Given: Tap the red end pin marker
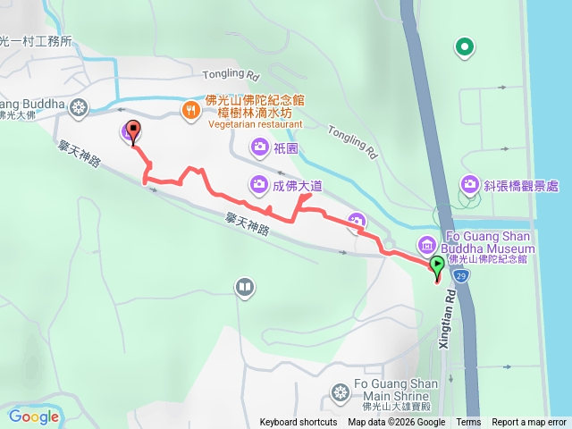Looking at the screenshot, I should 133,132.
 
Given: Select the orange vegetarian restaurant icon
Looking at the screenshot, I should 190,111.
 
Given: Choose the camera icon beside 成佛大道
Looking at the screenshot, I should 257,184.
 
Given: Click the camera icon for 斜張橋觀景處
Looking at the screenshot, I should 469,185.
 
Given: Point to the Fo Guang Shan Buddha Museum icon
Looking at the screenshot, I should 426,244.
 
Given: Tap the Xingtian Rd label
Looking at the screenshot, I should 449,312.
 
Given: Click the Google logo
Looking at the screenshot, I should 34,416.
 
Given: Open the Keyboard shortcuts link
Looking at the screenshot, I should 299,423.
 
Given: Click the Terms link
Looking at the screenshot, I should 468,423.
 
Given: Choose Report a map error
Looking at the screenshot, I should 529,423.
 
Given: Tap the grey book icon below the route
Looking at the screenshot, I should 244,287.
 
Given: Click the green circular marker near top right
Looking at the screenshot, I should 464,46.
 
